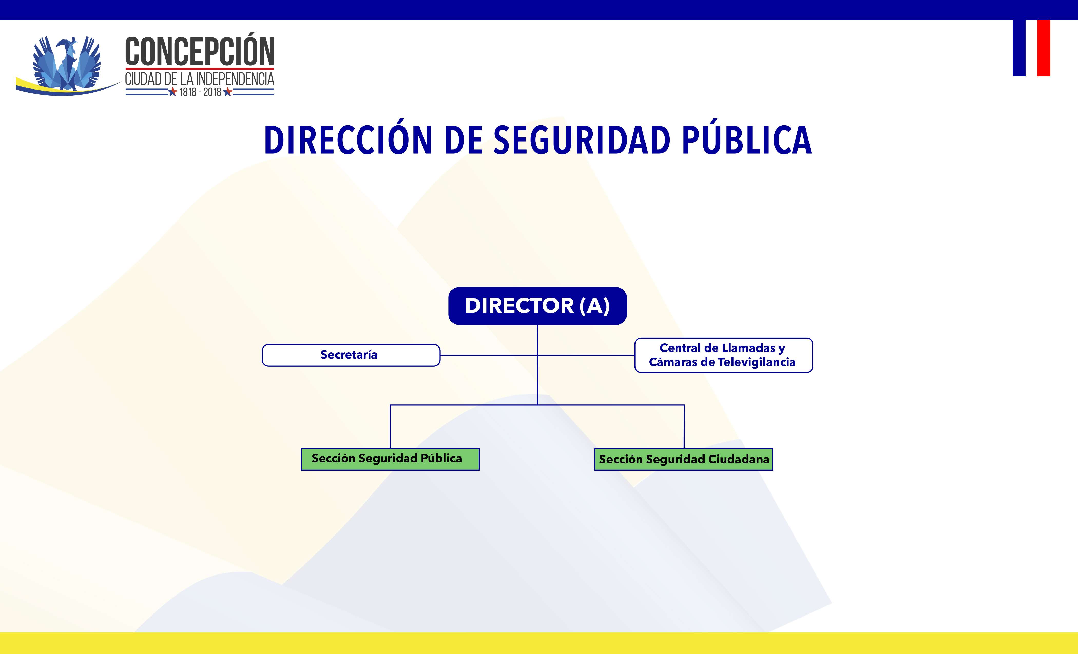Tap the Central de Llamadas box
[724, 355]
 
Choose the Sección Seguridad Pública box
[390, 459]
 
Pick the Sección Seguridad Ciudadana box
[683, 459]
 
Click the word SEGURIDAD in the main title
[582, 141]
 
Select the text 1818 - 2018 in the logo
[200, 92]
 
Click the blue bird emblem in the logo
[67, 63]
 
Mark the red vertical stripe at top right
[1043, 48]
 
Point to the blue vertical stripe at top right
[1019, 48]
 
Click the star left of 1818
[173, 92]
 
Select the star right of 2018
[227, 92]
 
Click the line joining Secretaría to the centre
[489, 355]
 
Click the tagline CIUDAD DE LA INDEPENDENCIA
[199, 79]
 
